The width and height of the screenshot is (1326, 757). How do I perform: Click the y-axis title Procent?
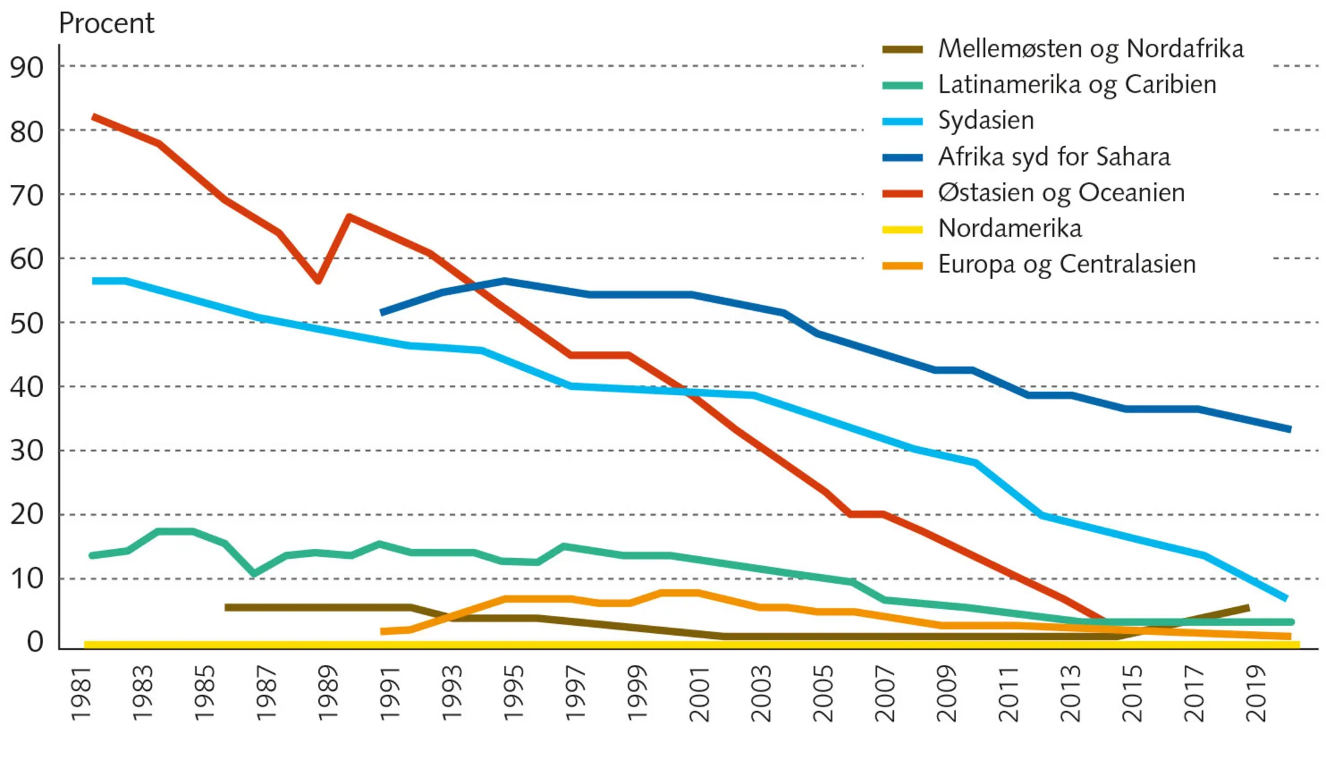pyautogui.click(x=106, y=23)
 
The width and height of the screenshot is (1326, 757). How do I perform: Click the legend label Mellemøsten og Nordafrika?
pyautogui.click(x=1091, y=48)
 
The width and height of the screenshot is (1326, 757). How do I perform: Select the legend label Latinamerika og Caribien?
pyautogui.click(x=1077, y=85)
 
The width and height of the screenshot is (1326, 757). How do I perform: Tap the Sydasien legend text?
pyautogui.click(x=985, y=121)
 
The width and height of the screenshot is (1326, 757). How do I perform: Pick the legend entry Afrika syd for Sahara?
pyautogui.click(x=1054, y=157)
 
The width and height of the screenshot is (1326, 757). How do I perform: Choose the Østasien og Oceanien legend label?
pyautogui.click(x=1061, y=193)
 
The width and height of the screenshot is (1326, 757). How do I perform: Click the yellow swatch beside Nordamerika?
pyautogui.click(x=902, y=229)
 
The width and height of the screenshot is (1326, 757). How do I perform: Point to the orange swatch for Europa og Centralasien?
pyautogui.click(x=902, y=266)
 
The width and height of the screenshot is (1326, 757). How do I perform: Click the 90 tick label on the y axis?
pyautogui.click(x=27, y=67)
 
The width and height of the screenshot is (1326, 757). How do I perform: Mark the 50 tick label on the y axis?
pyautogui.click(x=27, y=323)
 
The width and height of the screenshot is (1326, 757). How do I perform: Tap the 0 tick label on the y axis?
pyautogui.click(x=35, y=642)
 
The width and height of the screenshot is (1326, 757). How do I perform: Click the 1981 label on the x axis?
pyautogui.click(x=80, y=693)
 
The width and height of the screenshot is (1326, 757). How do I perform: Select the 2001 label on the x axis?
pyautogui.click(x=699, y=693)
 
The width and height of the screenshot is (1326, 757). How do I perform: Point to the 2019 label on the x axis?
pyautogui.click(x=1256, y=693)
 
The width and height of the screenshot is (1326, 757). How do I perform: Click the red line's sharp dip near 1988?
pyautogui.click(x=318, y=281)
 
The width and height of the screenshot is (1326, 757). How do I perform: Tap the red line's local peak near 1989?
pyautogui.click(x=349, y=217)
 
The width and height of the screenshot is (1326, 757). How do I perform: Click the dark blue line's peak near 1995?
pyautogui.click(x=505, y=281)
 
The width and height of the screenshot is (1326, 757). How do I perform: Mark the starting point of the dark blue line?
pyautogui.click(x=381, y=312)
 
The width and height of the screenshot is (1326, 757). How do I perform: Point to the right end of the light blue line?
pyautogui.click(x=1286, y=599)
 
